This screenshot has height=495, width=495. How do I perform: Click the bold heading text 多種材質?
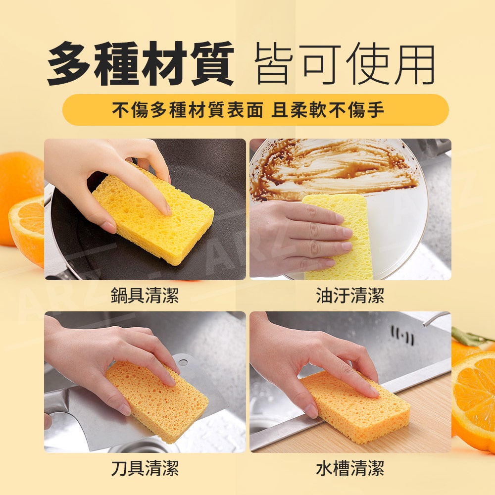141,63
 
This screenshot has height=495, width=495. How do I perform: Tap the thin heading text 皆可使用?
345,64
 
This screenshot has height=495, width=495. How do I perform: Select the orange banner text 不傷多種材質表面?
188,110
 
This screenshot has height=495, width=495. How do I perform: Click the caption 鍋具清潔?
145,296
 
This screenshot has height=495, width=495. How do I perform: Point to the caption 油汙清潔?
350,296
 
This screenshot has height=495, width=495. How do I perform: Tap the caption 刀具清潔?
145,468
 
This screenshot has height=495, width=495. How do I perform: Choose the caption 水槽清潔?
350,468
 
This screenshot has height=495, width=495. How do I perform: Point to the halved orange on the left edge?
27,231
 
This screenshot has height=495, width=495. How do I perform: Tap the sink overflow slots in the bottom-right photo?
402,335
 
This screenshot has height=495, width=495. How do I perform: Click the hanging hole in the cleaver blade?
183,362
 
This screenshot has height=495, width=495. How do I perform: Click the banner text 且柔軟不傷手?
328,110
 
